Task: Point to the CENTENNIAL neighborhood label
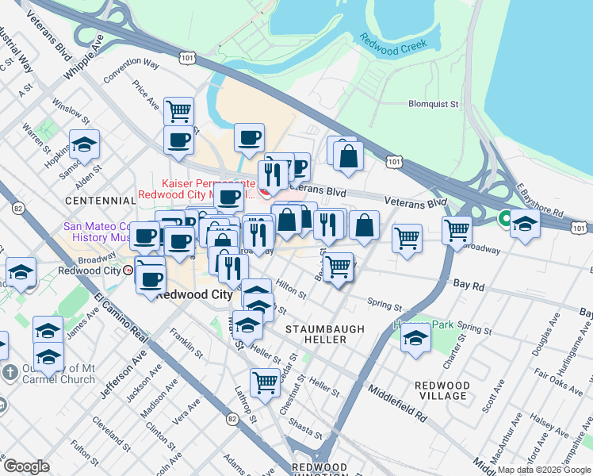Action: click(x=101, y=201)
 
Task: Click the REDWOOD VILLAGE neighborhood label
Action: click(x=442, y=390)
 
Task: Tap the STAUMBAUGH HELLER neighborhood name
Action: click(x=325, y=334)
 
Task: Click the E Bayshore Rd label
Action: click(x=540, y=202)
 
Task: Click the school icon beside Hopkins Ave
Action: click(x=84, y=145)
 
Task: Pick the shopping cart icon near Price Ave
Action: click(x=179, y=111)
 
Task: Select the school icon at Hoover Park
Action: click(x=415, y=339)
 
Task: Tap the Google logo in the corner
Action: click(x=26, y=466)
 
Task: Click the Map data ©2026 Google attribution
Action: click(x=543, y=470)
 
